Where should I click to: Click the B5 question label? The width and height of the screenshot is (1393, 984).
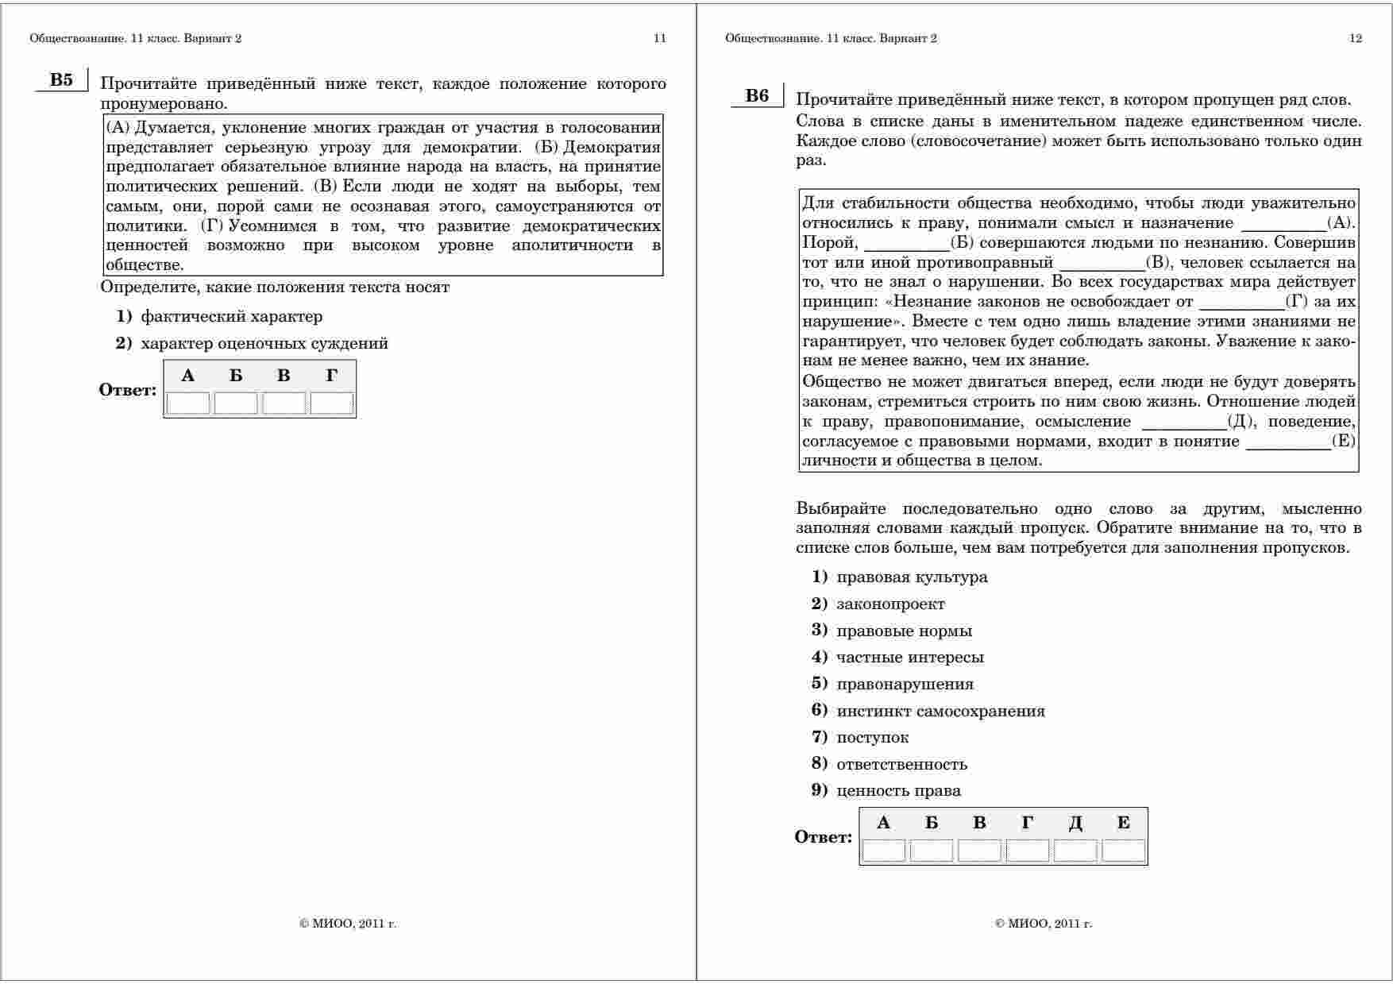[61, 80]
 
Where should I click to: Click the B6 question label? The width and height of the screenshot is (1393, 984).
[757, 96]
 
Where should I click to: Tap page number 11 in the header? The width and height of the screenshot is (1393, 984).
[659, 38]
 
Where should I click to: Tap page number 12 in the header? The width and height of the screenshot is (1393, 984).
[1356, 38]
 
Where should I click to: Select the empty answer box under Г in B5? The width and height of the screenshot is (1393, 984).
[331, 403]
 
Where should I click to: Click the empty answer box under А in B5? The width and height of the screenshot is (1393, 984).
[188, 403]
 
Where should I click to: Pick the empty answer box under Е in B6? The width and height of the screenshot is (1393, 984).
[1123, 851]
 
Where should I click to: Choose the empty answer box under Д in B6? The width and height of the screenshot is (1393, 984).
[1075, 851]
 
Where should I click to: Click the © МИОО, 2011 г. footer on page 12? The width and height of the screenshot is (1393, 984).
[1043, 924]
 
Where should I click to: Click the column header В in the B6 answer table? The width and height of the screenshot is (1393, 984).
[979, 824]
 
